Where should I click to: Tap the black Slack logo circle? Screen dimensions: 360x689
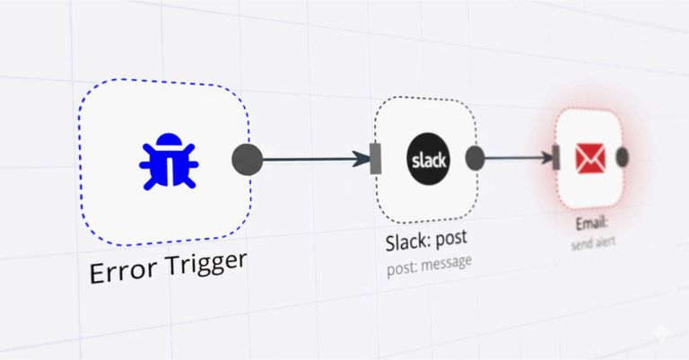click(426, 159)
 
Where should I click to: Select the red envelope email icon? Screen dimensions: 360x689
click(590, 159)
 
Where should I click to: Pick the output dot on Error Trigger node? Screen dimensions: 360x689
click(247, 159)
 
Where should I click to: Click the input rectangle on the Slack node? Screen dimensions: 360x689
click(377, 159)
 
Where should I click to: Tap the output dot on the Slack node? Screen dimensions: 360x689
click(475, 159)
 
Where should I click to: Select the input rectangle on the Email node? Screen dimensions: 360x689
click(557, 158)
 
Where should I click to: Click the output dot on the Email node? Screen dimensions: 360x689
click(623, 157)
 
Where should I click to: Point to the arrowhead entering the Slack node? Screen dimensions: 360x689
click(362, 160)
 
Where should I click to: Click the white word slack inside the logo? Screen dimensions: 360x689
click(426, 160)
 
